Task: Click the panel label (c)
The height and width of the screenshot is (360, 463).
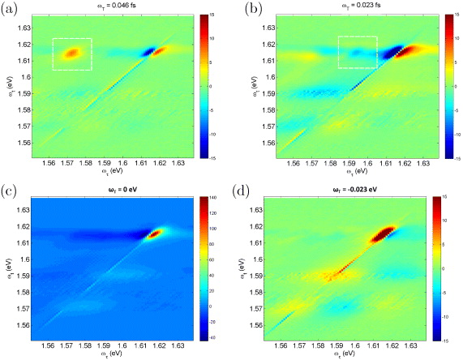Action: pos(11,192)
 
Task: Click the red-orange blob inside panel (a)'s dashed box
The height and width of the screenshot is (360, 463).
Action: pos(71,54)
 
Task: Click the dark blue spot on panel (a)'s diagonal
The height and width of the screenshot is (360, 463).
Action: pos(148,52)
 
